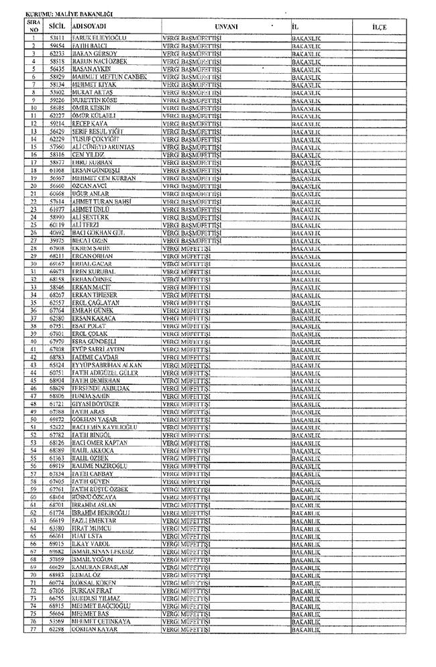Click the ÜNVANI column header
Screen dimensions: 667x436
(x=226, y=26)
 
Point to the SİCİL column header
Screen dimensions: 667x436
(x=56, y=26)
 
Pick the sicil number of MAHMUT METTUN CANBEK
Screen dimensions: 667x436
(x=56, y=76)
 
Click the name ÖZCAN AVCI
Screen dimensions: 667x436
(x=90, y=186)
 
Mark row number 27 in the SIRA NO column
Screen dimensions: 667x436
(x=33, y=241)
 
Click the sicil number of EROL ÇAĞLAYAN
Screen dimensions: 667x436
(x=56, y=303)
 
